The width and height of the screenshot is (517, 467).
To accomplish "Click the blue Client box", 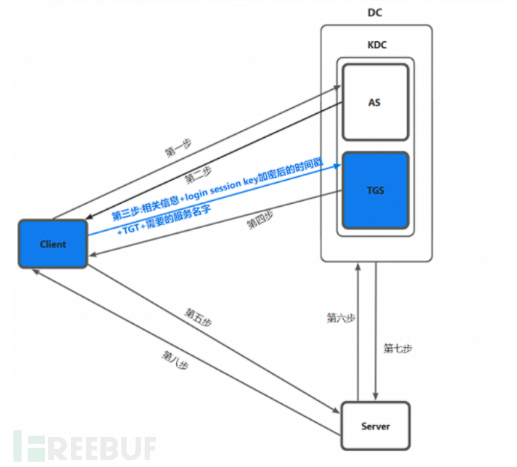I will tap(53, 244).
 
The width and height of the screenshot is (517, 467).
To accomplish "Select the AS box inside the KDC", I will tap(375, 102).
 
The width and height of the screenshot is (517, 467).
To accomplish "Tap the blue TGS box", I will tap(375, 190).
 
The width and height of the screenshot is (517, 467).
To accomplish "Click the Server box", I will tap(375, 427).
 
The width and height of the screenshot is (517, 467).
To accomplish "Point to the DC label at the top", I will tap(376, 13).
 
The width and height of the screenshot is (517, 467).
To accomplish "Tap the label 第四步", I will tap(260, 220).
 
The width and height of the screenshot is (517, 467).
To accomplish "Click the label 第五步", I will tap(199, 317).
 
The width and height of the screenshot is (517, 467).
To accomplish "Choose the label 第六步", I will tap(341, 318).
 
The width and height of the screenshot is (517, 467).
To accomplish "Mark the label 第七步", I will tap(398, 348).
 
